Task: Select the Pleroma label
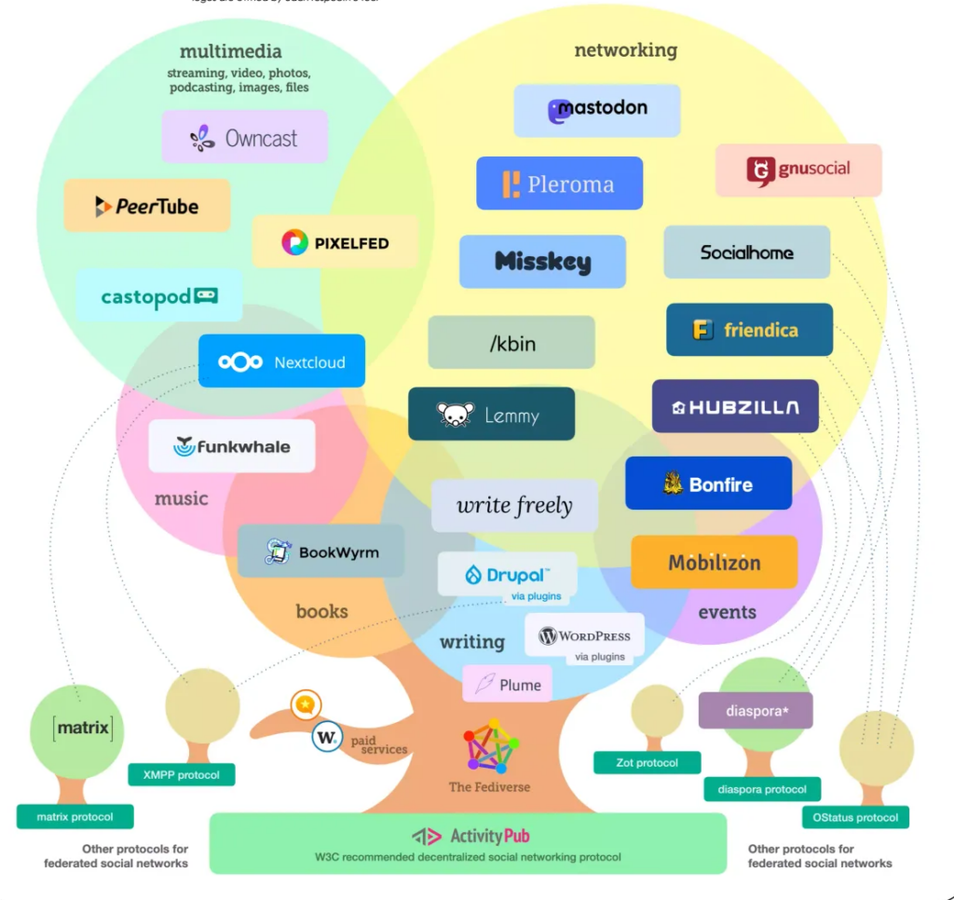tap(559, 184)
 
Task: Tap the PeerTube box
tap(147, 206)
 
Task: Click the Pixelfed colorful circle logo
tap(294, 243)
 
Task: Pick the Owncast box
tap(244, 138)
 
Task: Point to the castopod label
tap(159, 296)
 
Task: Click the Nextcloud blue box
tap(281, 361)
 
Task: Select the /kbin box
tap(511, 343)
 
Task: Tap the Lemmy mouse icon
tap(456, 416)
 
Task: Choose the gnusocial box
tap(798, 170)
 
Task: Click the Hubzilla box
tap(735, 406)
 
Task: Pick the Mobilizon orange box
tap(714, 563)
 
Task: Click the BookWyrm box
tap(321, 552)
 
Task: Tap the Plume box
tap(508, 685)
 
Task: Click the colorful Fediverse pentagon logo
tap(491, 746)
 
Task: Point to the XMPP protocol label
tap(181, 774)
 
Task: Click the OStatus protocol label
tap(854, 817)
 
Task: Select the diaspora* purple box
tap(756, 711)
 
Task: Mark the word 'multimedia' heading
tap(230, 51)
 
